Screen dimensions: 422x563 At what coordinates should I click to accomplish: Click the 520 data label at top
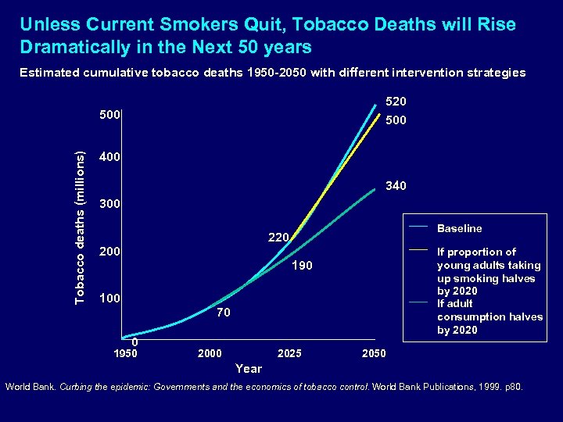(x=396, y=102)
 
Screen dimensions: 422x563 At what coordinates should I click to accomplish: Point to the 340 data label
(x=396, y=186)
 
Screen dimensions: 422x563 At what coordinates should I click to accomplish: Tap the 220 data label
(x=278, y=237)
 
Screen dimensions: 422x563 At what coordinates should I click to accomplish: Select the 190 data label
(x=302, y=266)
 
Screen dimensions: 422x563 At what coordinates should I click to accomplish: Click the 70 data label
(x=224, y=313)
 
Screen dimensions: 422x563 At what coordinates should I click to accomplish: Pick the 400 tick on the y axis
(x=110, y=158)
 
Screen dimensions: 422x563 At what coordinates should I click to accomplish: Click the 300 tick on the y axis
(x=110, y=205)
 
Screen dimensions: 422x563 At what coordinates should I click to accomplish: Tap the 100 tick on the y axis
(x=110, y=299)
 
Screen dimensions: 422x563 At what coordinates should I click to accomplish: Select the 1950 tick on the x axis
(x=125, y=354)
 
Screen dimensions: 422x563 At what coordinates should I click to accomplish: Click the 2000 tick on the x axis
(x=210, y=354)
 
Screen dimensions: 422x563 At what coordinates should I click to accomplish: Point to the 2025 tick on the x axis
(x=289, y=354)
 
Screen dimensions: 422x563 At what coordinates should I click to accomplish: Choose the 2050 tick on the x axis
(x=374, y=354)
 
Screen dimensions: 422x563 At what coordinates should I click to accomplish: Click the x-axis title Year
(x=249, y=368)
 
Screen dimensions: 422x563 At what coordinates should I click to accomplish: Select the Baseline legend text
(x=459, y=229)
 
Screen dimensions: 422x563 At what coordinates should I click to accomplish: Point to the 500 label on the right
(x=396, y=122)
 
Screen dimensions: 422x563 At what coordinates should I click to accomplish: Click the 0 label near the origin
(x=134, y=342)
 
